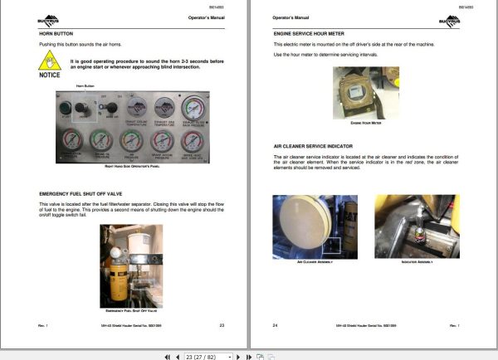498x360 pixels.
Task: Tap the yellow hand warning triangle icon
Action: (51, 61)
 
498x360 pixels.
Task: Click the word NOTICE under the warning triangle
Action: (51, 75)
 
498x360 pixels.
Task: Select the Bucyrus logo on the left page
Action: (50, 17)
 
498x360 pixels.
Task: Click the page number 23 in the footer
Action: (222, 325)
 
